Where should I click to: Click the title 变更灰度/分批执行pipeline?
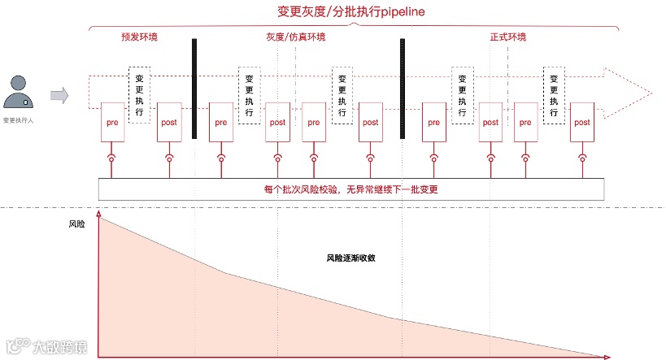pyautogui.click(x=351, y=13)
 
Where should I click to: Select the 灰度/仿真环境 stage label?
pyautogui.click(x=295, y=37)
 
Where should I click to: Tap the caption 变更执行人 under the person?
pyautogui.click(x=19, y=119)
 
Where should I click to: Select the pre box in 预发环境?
pyautogui.click(x=112, y=123)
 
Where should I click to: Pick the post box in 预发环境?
pyautogui.click(x=169, y=123)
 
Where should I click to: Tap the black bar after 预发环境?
pyautogui.click(x=194, y=88)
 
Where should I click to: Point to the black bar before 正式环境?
pyautogui.click(x=402, y=88)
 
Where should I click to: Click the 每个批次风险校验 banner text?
pyautogui.click(x=352, y=189)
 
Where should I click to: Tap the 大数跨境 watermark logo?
pyautogui.click(x=46, y=347)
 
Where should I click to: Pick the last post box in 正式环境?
pyautogui.click(x=581, y=123)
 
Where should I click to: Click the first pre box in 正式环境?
pyautogui.click(x=433, y=123)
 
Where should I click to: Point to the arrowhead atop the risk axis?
pyautogui.click(x=99, y=214)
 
